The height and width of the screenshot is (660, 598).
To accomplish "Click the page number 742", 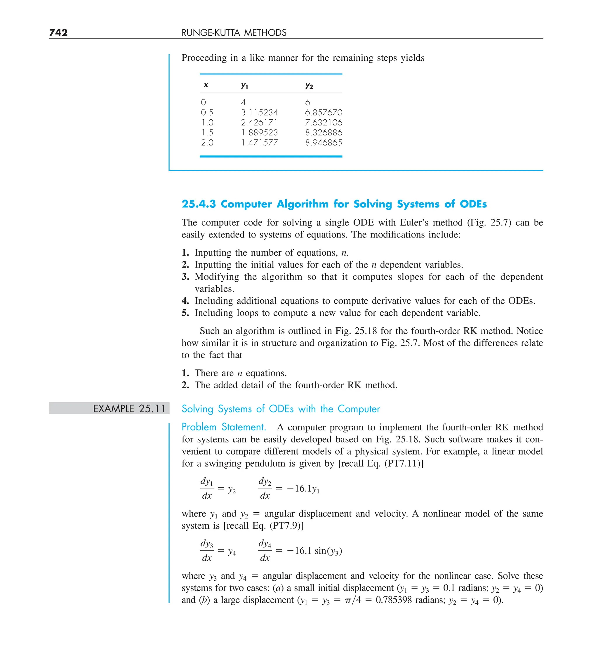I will pos(58,32).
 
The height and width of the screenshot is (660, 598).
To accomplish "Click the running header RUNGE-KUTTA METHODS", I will pos(234,33).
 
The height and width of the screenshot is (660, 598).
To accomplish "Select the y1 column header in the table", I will pos(244,86).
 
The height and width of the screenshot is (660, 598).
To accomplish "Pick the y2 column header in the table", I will pos(309,86).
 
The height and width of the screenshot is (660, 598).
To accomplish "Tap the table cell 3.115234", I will pos(259,113).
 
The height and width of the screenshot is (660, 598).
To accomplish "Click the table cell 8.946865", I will pos(324,143).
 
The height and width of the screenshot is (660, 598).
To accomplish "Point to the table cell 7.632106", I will pos(324,123).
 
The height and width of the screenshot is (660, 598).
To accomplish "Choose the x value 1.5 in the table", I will pos(207,132).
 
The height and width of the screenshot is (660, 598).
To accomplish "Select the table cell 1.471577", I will pos(259,143).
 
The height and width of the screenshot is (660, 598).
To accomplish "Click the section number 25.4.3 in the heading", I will pos(199,204).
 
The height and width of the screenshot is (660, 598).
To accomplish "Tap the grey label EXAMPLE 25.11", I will pos(129,408).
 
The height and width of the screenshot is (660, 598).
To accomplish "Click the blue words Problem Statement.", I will pos(223,427).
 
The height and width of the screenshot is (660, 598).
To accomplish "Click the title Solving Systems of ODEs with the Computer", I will pos(281,408).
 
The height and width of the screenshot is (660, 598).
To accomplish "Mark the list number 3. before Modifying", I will pos(185,277).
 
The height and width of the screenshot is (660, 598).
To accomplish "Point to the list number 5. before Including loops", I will pos(185,313).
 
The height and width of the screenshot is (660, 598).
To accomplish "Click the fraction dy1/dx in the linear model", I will pos(206,488).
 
